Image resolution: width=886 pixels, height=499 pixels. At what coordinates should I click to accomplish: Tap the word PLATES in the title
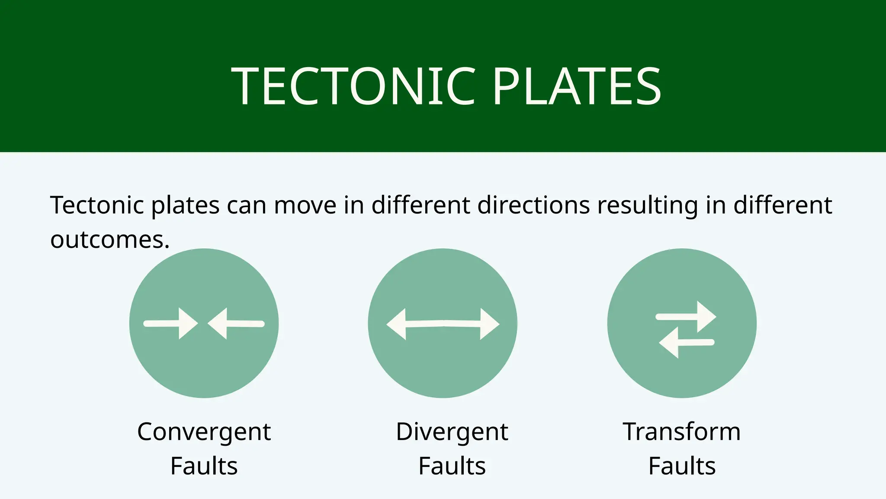click(x=577, y=87)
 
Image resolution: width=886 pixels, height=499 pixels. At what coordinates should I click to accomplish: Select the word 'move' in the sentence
click(x=305, y=205)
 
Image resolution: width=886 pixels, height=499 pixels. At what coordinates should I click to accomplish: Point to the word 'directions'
click(x=533, y=205)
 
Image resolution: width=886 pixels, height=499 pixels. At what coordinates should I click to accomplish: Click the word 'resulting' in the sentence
click(x=647, y=206)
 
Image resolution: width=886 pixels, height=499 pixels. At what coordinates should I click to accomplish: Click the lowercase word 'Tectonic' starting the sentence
click(x=97, y=205)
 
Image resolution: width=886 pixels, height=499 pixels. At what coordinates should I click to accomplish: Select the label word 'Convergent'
click(x=204, y=432)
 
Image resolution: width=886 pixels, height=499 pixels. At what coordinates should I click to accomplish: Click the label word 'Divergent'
click(x=452, y=432)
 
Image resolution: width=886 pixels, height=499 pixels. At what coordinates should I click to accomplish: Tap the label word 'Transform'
click(x=681, y=432)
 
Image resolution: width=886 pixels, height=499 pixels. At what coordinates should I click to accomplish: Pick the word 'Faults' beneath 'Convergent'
click(x=204, y=466)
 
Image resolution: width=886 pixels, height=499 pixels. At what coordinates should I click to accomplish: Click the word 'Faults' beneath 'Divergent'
click(x=452, y=466)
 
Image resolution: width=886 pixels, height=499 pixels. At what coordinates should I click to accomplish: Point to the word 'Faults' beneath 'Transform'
click(x=681, y=466)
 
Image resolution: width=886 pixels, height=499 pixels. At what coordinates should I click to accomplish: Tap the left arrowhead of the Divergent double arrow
click(x=397, y=324)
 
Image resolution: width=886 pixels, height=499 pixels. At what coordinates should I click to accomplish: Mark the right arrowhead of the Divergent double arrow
click(x=489, y=324)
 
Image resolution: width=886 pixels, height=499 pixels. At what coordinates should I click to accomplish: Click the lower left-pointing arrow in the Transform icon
click(x=686, y=343)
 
